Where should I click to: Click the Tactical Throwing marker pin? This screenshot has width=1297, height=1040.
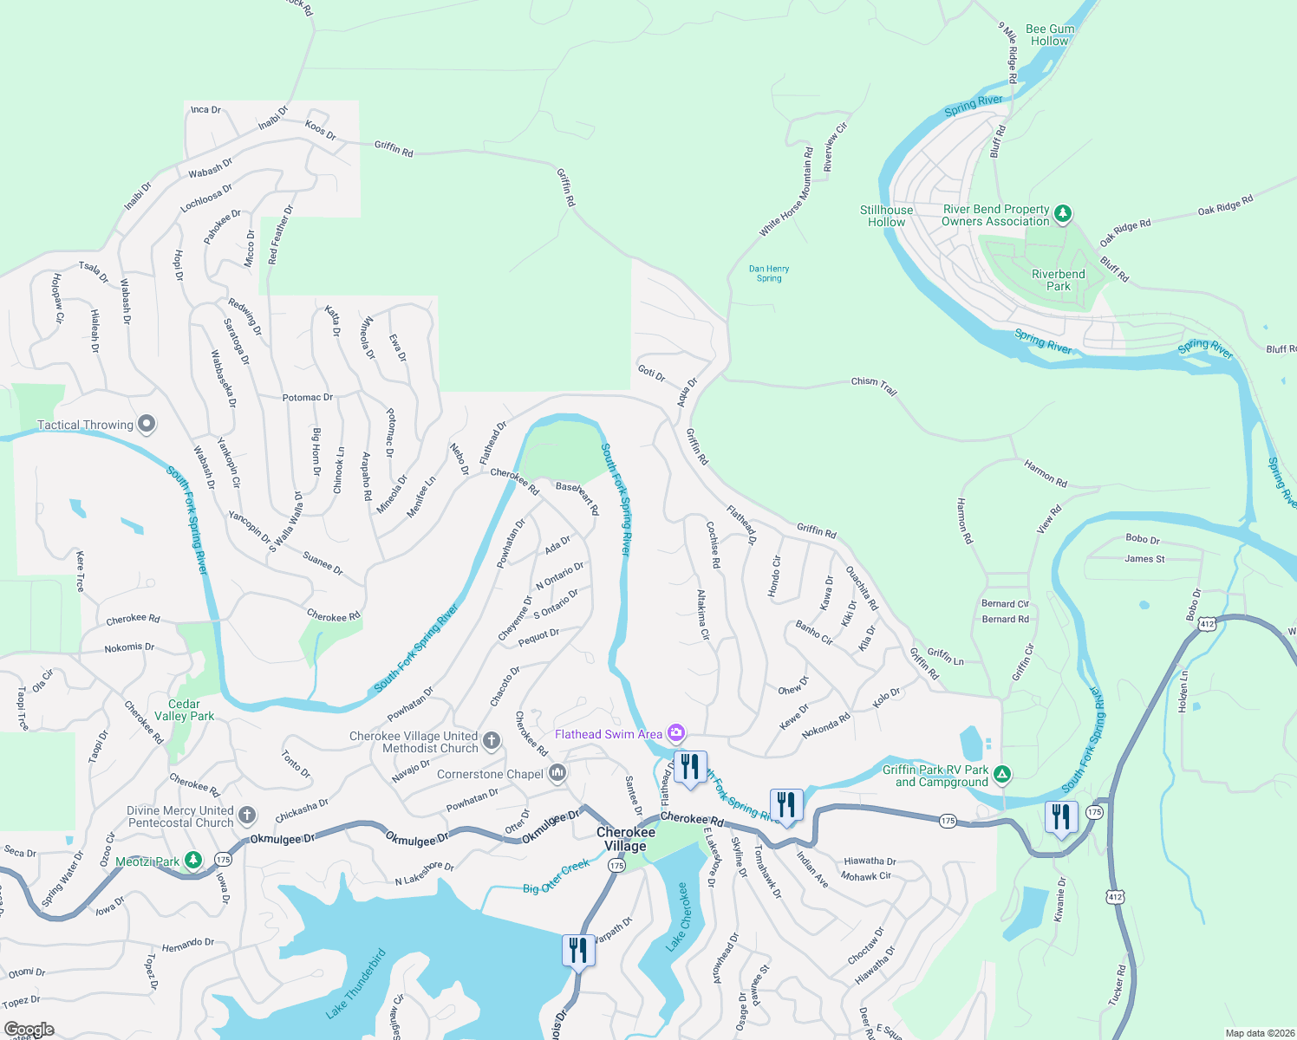tap(147, 424)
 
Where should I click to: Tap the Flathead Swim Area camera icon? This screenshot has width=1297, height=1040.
tap(675, 733)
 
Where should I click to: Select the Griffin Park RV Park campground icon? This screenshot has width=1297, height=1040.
tap(1001, 774)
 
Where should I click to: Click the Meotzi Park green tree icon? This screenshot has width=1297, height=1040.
tap(194, 861)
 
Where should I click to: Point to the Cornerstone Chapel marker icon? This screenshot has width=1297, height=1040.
tap(557, 773)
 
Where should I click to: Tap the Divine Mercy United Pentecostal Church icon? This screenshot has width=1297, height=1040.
tap(247, 815)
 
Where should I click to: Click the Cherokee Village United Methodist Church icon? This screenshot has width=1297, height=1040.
tap(492, 740)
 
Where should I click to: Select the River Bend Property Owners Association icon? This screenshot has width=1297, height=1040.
tap(1063, 213)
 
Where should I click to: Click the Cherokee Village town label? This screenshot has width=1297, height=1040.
tap(625, 839)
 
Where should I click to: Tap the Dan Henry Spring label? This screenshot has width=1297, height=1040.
tap(769, 273)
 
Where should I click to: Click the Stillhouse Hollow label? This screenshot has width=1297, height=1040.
tap(886, 216)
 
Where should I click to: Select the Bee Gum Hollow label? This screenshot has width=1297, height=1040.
tap(1049, 35)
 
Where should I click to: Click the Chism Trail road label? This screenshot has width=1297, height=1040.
tap(873, 385)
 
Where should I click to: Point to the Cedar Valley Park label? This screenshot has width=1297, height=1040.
tap(184, 710)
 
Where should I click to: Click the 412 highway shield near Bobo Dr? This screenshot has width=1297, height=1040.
tap(1206, 624)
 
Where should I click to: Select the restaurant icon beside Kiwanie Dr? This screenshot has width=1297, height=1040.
tap(1061, 817)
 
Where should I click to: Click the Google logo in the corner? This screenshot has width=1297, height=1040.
tap(29, 1030)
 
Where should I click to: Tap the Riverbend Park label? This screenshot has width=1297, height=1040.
tap(1058, 280)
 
